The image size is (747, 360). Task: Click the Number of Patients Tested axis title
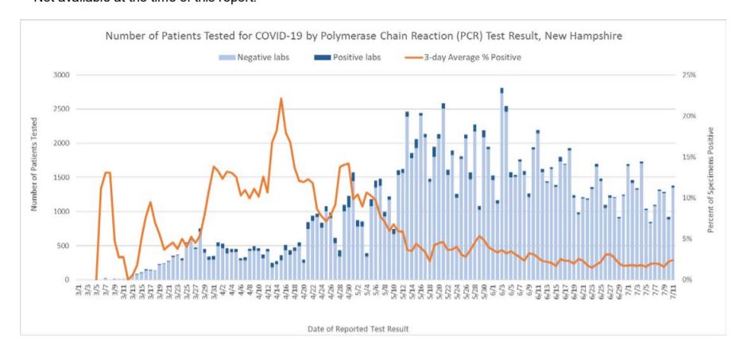tap(36, 176)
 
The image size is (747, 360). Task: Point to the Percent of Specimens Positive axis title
tap(720, 176)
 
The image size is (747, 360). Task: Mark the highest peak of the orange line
tap(281, 99)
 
